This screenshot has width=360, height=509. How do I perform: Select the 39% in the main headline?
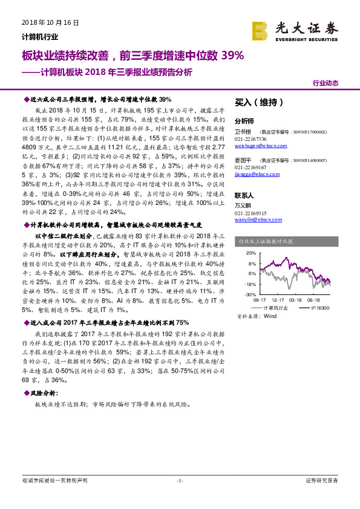tap(233, 56)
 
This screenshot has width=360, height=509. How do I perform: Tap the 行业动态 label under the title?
tap(325, 83)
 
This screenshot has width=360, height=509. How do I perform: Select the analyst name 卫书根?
tap(243, 131)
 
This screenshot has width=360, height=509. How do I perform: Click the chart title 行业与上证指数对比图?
tap(267, 241)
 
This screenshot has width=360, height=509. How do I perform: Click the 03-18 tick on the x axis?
tap(295, 299)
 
